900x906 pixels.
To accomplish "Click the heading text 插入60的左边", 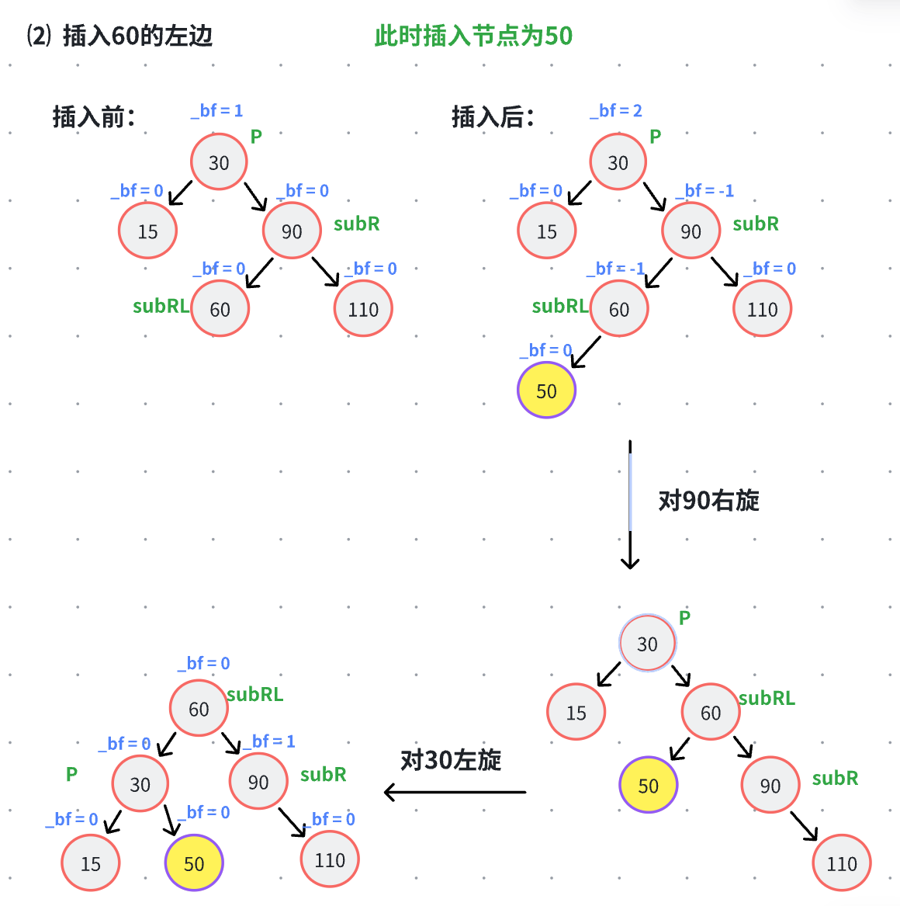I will tap(137, 36).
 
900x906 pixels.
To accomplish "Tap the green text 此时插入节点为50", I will tap(473, 36).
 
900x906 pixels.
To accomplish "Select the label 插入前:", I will tap(94, 117).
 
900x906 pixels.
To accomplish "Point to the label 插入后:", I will tap(493, 117).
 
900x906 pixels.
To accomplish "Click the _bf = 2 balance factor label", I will tap(616, 111).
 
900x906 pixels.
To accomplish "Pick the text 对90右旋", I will tap(708, 501).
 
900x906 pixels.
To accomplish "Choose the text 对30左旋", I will tap(451, 760).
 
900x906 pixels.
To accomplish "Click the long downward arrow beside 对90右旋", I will tap(630, 505).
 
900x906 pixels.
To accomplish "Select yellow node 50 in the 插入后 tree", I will tap(547, 391).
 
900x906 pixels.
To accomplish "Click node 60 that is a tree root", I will tap(199, 708).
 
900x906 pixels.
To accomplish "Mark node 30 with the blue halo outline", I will tap(648, 644).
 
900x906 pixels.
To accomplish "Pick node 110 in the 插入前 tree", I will tap(363, 309).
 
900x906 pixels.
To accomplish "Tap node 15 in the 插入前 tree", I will tap(147, 231).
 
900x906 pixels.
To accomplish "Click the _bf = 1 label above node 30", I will tap(217, 111).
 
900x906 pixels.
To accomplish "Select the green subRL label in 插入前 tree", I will tap(161, 306).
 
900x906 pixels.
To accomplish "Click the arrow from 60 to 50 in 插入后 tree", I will tap(586, 352).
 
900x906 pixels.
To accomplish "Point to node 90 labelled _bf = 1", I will tap(258, 782).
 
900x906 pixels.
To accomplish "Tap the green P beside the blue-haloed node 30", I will tap(684, 618).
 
